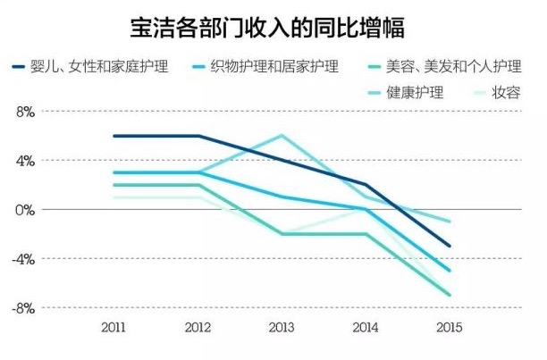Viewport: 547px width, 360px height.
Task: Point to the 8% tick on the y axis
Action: pyautogui.click(x=24, y=112)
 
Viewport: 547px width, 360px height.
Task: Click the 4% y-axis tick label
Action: pyautogui.click(x=24, y=161)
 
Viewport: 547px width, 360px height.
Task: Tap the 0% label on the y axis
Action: pyautogui.click(x=24, y=209)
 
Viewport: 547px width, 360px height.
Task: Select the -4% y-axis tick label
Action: pyautogui.click(x=22, y=258)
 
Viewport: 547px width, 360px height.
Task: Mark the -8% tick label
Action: pyautogui.click(x=22, y=307)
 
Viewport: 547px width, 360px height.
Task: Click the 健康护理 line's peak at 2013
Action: pyautogui.click(x=282, y=136)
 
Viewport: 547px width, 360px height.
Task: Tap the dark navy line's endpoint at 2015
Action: pyautogui.click(x=450, y=246)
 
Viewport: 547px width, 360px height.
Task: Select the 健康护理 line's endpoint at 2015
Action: pyautogui.click(x=450, y=222)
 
